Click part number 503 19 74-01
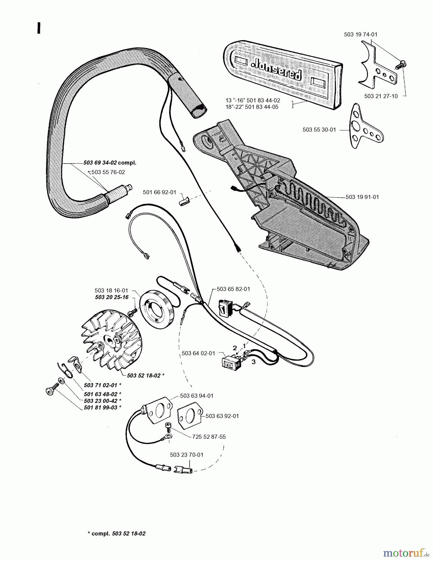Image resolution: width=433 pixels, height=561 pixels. pyautogui.click(x=360, y=35)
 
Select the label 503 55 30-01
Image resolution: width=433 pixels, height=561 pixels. pyautogui.click(x=319, y=130)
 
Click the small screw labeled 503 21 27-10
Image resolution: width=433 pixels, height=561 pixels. pyautogui.click(x=400, y=65)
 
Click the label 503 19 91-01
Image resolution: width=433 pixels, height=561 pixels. pyautogui.click(x=362, y=197)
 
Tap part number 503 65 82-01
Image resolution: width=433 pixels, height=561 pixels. pyautogui.click(x=233, y=289)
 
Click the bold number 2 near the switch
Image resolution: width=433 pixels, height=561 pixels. pyautogui.click(x=235, y=348)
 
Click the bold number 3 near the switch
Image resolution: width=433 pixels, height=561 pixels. pyautogui.click(x=253, y=362)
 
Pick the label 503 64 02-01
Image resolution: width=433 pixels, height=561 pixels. pyautogui.click(x=198, y=353)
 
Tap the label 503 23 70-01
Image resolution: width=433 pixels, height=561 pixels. pyautogui.click(x=186, y=455)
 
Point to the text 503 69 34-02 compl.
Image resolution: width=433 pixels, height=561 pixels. pyautogui.click(x=110, y=163)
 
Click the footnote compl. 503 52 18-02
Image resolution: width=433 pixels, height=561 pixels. pyautogui.click(x=117, y=533)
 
